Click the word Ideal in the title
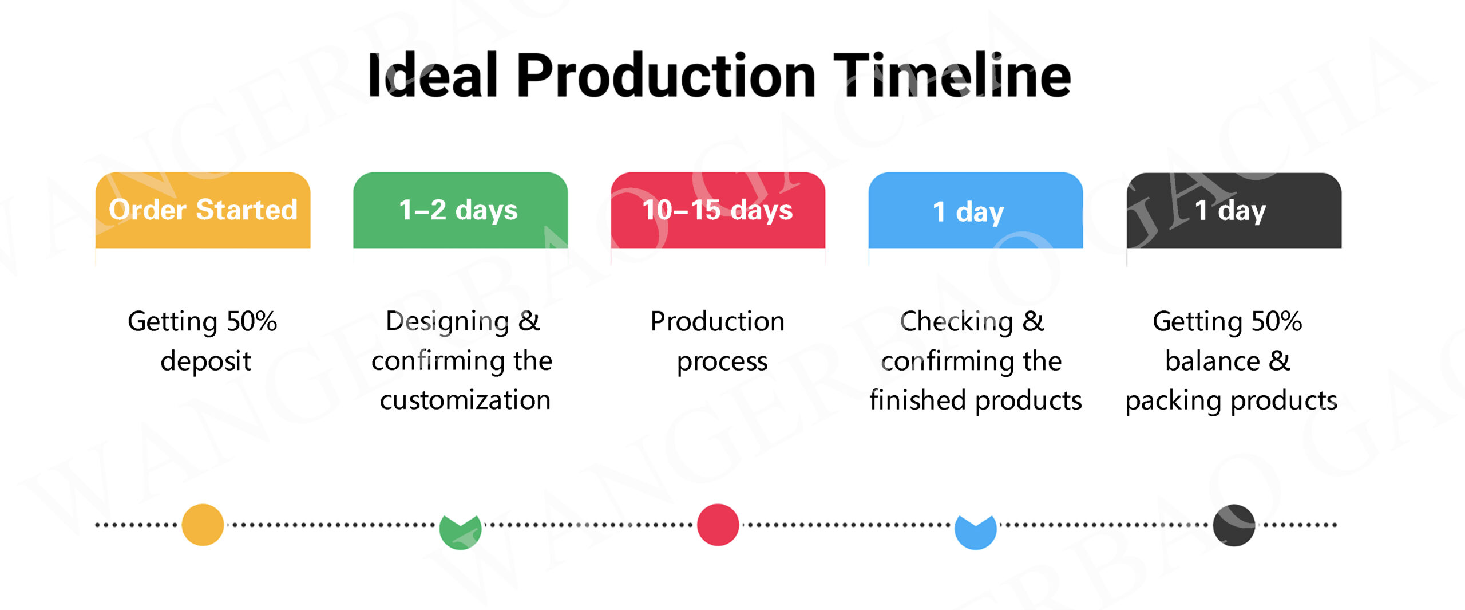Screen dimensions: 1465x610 tap(433, 75)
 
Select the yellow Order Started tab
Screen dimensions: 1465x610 tap(203, 210)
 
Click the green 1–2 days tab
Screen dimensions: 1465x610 tap(461, 210)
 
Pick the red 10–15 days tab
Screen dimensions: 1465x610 tap(718, 210)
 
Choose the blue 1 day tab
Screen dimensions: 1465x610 tap(976, 210)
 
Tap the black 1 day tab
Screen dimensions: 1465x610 tap(1234, 210)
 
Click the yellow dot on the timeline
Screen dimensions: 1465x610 tap(203, 525)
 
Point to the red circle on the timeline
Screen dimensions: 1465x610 tap(718, 525)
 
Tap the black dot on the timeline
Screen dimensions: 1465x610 tap(1234, 525)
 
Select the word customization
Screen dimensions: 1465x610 tap(465, 400)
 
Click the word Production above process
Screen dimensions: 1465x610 tap(718, 321)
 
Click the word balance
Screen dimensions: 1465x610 tap(1213, 361)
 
